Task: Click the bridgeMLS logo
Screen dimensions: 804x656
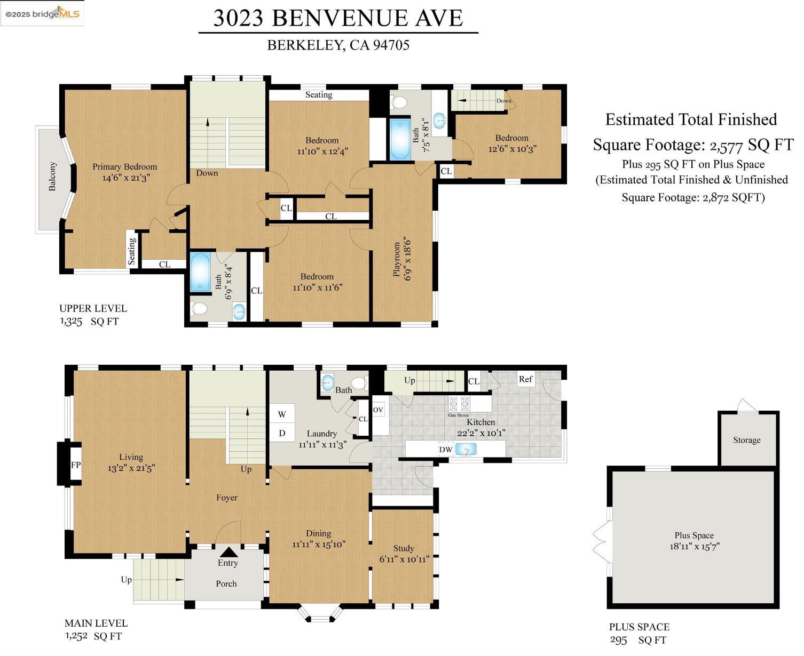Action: point(42,14)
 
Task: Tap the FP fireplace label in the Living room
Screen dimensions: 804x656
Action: point(75,465)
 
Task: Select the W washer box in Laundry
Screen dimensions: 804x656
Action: point(282,414)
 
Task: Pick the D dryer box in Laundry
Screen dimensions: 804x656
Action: point(282,433)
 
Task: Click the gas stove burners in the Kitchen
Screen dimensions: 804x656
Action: point(459,403)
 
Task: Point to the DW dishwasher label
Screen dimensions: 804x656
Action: point(445,450)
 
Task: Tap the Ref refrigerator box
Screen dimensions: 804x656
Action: point(525,379)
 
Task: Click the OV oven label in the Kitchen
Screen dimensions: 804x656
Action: point(377,410)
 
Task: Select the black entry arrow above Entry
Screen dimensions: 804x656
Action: point(228,552)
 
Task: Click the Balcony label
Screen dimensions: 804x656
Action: point(52,176)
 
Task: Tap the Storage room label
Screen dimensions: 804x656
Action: point(746,440)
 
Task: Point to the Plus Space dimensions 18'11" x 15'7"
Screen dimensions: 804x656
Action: point(694,546)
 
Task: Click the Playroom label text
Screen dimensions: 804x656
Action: point(397,259)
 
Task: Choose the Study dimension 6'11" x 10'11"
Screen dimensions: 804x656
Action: point(404,559)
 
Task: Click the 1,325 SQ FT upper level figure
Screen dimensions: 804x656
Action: point(89,322)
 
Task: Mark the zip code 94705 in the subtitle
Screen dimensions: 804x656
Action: point(391,45)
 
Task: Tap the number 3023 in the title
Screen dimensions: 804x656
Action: point(238,18)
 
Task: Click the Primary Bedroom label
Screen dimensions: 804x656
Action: point(125,166)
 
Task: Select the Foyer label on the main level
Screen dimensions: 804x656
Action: point(227,498)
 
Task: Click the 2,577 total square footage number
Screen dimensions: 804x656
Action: point(726,146)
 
